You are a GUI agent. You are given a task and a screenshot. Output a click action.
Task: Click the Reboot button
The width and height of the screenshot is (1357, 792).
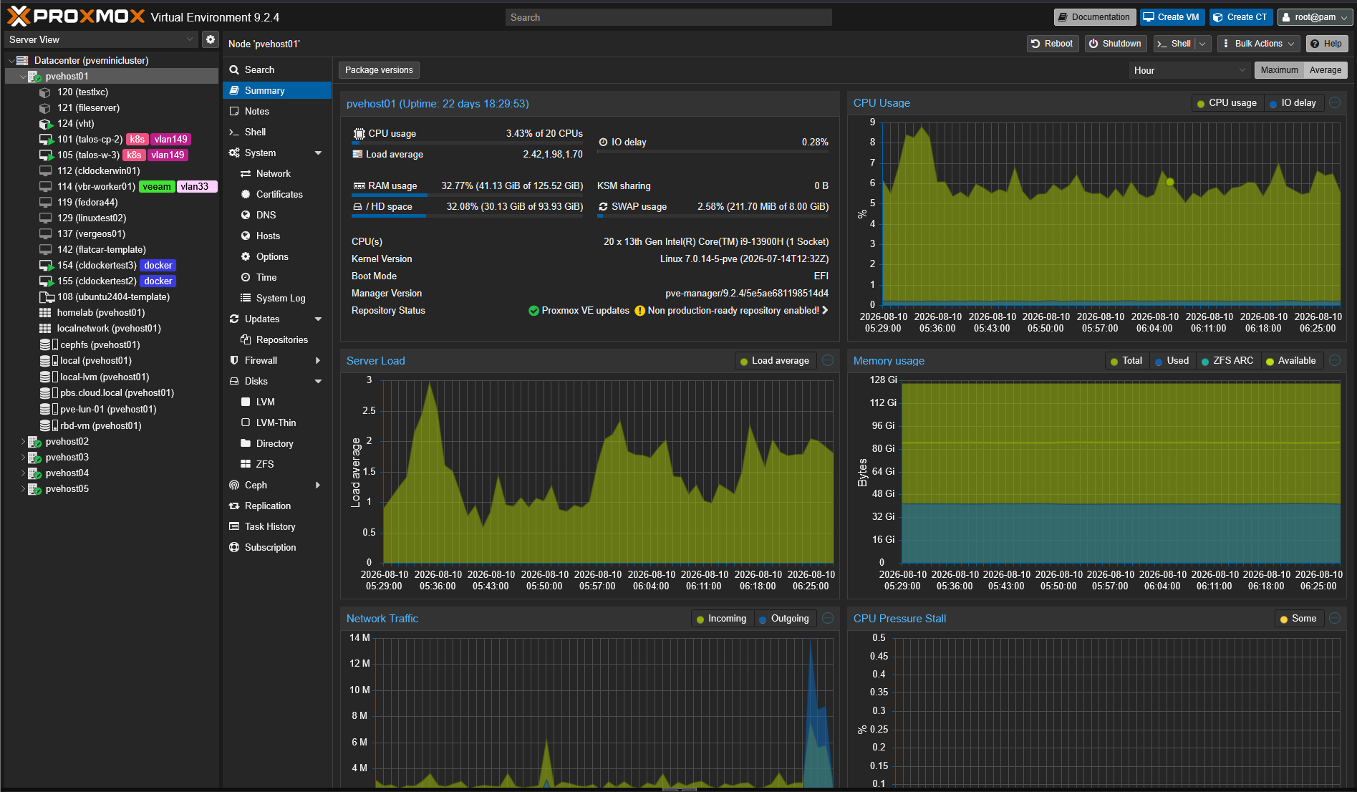coord(1051,44)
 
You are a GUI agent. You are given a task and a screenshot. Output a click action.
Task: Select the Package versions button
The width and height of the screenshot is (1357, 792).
coord(379,70)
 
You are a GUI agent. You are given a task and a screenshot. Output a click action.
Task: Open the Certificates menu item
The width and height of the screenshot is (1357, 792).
coord(279,194)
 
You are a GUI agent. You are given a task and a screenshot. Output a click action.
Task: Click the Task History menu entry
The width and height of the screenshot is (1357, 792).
coord(270,526)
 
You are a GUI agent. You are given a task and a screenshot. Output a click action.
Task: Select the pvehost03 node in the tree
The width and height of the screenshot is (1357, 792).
coord(67,457)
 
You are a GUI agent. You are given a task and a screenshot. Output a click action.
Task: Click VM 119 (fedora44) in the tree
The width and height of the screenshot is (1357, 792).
coord(87,202)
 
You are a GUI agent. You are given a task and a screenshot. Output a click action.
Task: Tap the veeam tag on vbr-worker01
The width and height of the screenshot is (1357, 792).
coord(157,187)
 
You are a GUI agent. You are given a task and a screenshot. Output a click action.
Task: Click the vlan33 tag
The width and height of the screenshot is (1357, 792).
coord(195,187)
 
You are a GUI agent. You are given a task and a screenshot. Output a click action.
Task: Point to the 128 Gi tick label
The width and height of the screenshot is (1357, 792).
coord(883,380)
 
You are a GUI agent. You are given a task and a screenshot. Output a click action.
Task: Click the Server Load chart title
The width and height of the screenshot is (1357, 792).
coord(376,361)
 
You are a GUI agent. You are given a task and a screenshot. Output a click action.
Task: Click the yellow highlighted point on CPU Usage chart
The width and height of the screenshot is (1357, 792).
coord(1170,182)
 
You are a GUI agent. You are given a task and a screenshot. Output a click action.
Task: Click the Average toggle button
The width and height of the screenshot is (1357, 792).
coord(1325,70)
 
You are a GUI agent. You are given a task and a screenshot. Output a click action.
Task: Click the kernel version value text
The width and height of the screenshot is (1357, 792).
coord(744,259)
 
